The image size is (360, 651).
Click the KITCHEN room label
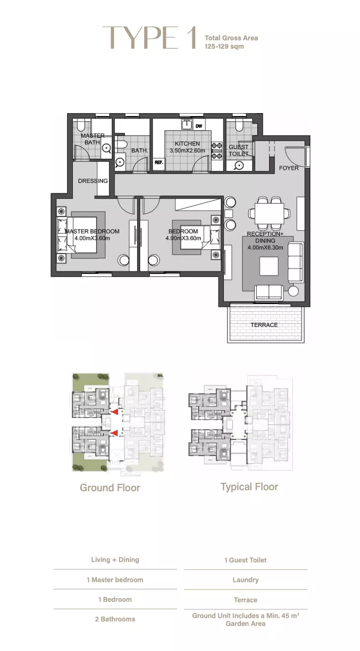[x=187, y=144]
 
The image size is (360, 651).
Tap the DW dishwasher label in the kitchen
[x=199, y=126]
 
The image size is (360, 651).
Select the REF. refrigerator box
[x=159, y=162]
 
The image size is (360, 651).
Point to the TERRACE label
[x=264, y=325]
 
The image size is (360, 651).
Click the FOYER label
[x=289, y=168]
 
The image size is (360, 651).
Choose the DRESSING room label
[x=93, y=181]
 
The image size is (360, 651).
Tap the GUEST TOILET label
[x=239, y=150]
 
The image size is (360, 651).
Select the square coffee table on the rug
[x=269, y=266]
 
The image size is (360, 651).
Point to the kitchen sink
[x=186, y=124]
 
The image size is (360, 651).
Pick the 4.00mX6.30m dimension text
[x=265, y=248]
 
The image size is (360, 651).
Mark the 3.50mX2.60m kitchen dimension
[x=187, y=150]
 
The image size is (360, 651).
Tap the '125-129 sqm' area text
[x=224, y=47]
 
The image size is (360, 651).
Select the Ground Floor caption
[x=110, y=488]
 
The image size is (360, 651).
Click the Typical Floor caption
[x=249, y=487]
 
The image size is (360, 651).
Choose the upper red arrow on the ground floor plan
[x=115, y=412]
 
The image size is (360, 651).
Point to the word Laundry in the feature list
[x=245, y=580]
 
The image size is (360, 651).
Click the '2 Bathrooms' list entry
[x=115, y=619]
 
